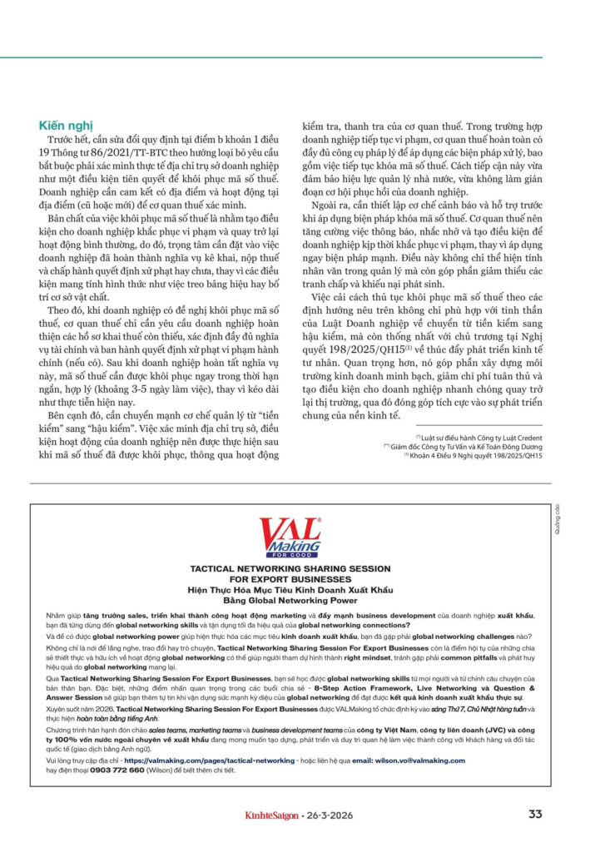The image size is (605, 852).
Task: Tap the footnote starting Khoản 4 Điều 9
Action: click(475, 455)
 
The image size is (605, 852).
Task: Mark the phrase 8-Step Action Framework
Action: click(400, 689)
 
